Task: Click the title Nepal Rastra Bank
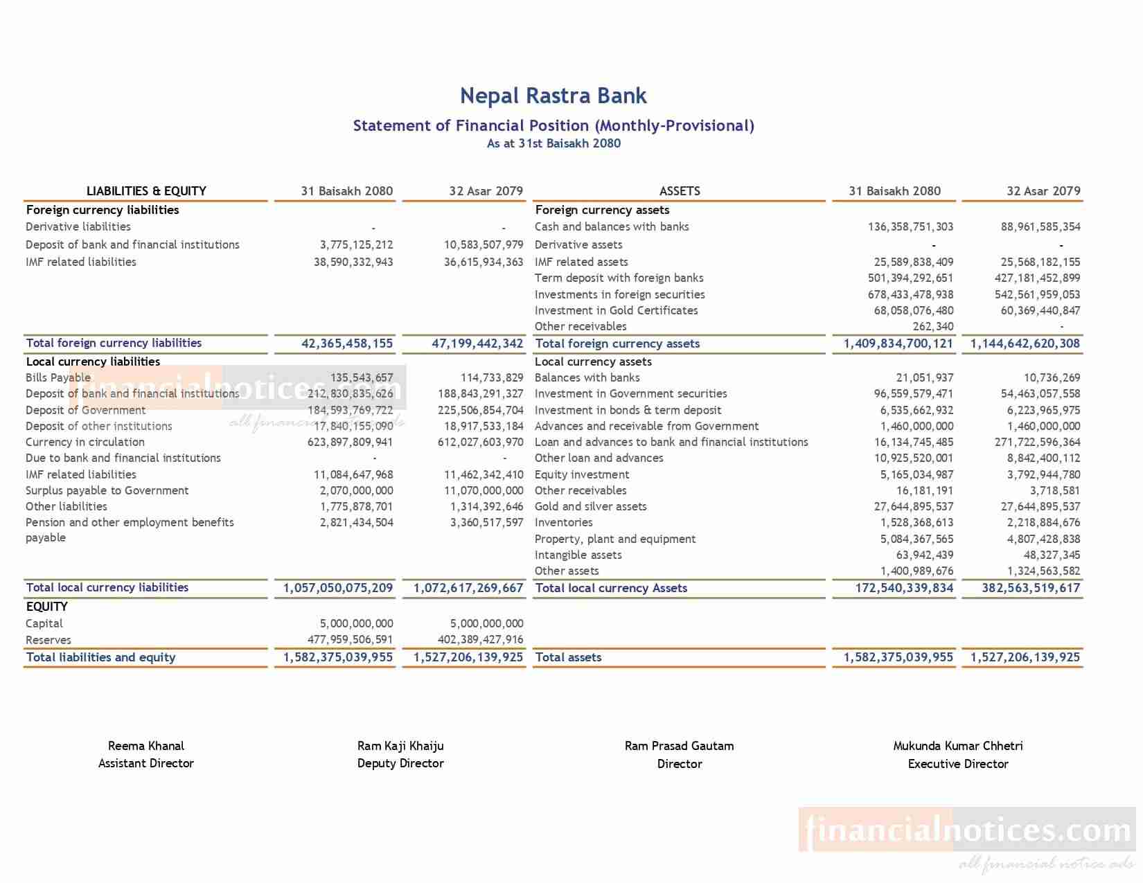pos(553,96)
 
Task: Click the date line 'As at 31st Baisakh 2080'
pos(553,143)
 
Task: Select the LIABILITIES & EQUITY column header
pos(146,191)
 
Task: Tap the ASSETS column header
pos(679,191)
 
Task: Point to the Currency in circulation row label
pos(85,442)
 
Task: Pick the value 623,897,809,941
pos(350,442)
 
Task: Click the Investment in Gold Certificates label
pos(616,310)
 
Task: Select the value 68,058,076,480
pos(913,310)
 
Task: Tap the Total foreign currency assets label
pos(617,344)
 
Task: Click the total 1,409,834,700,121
pos(898,344)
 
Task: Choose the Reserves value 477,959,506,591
pos(350,640)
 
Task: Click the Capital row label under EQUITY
pos(44,623)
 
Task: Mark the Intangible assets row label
pos(578,555)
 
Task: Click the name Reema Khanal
pos(146,746)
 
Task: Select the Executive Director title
pos(957,764)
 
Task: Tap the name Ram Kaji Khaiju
pos(400,746)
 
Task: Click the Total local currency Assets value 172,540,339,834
pos(904,588)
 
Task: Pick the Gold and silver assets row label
pos(590,506)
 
